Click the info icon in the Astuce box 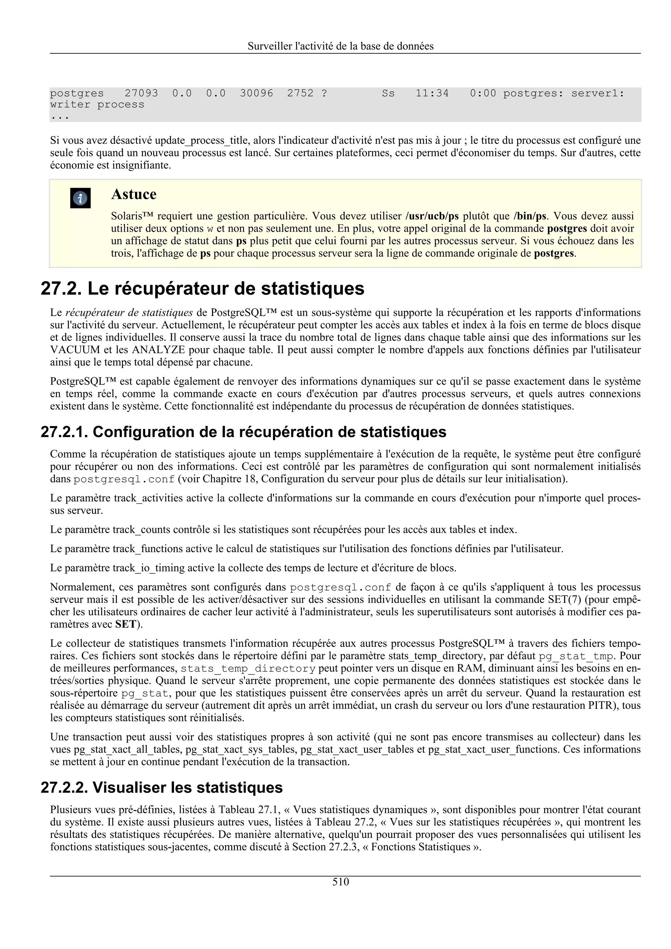pyautogui.click(x=80, y=198)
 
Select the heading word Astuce pyautogui.click(x=134, y=194)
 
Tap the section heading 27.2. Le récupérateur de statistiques pyautogui.click(x=202, y=288)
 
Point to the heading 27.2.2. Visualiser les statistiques pyautogui.click(x=162, y=787)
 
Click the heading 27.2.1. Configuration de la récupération pyautogui.click(x=243, y=432)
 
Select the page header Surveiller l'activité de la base pyautogui.click(x=341, y=46)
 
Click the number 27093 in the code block pyautogui.click(x=142, y=93)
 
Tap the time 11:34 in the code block pyautogui.click(x=432, y=93)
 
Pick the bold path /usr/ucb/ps pyautogui.click(x=432, y=216)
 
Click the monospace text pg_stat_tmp pyautogui.click(x=576, y=656)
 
